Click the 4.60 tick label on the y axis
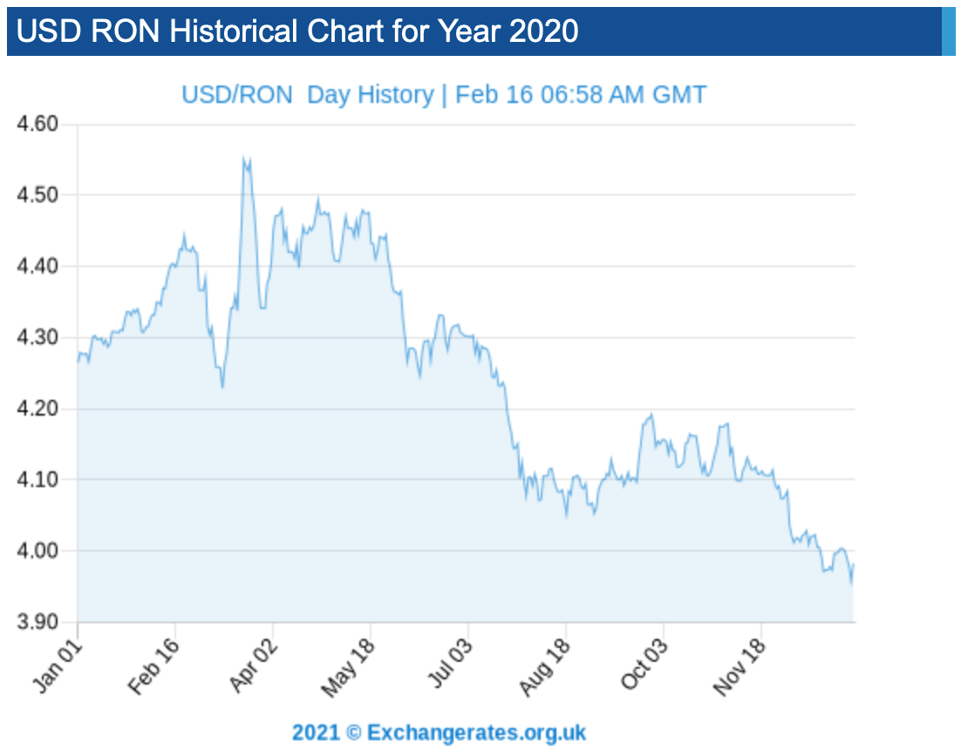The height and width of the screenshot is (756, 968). tap(37, 124)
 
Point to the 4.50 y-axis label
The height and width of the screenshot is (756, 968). tap(37, 195)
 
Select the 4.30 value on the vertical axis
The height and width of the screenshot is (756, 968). tap(37, 337)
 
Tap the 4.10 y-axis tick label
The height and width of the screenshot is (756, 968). tap(37, 479)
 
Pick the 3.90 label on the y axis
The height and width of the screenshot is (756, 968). tap(37, 622)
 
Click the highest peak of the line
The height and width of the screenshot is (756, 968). tap(245, 158)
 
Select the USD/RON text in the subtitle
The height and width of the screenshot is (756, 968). tap(237, 94)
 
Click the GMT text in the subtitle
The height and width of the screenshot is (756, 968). tap(679, 94)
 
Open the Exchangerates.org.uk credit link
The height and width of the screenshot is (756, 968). tap(476, 732)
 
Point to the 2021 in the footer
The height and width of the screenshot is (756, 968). tap(316, 732)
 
